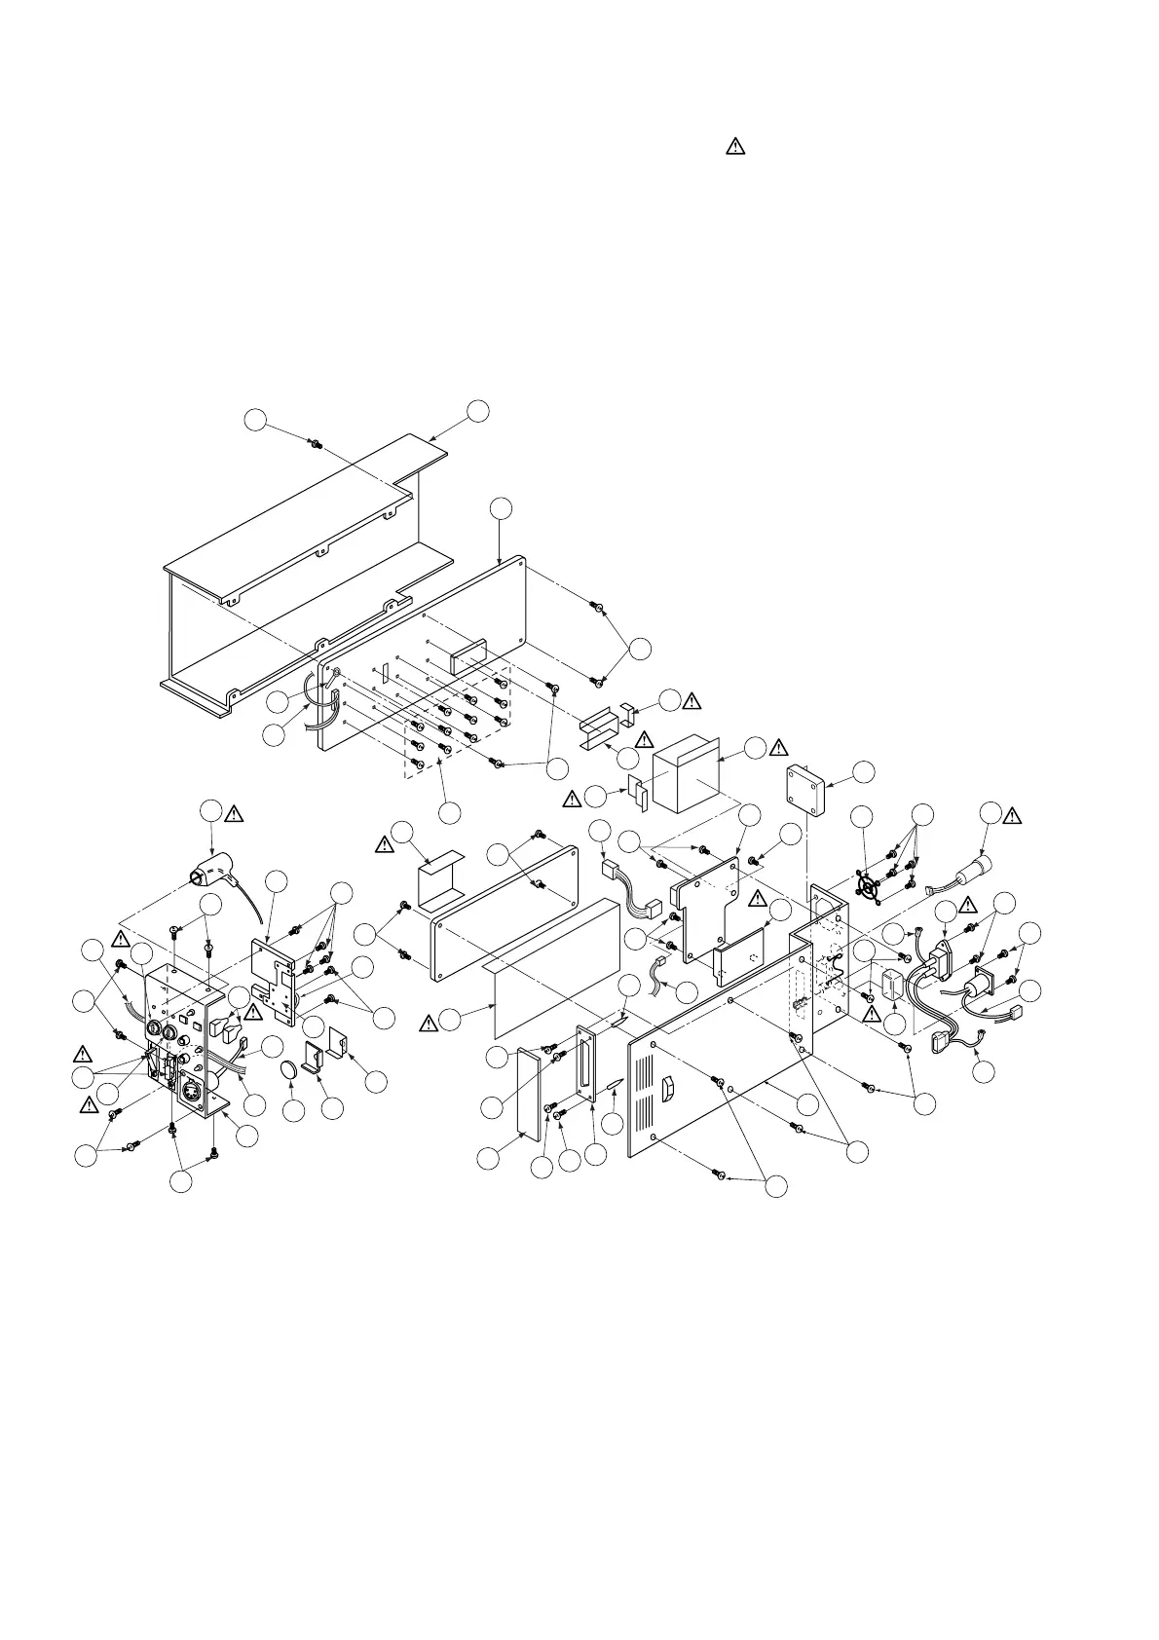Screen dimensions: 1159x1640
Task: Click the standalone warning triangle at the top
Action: (x=734, y=147)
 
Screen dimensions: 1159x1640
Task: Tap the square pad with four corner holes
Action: (x=806, y=791)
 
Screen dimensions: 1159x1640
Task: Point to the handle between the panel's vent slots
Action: (x=667, y=1090)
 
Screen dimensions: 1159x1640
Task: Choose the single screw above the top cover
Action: (x=316, y=444)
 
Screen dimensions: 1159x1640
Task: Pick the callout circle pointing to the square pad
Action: (x=863, y=772)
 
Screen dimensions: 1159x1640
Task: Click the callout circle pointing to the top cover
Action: (x=478, y=410)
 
